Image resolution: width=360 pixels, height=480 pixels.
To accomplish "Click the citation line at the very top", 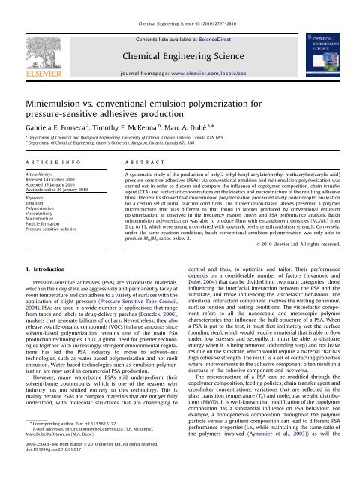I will [x=179, y=7].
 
